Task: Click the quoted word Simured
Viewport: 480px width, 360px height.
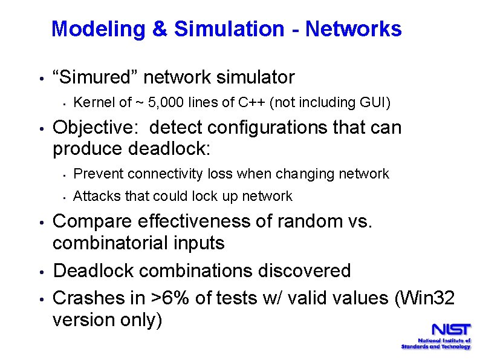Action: [96, 77]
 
